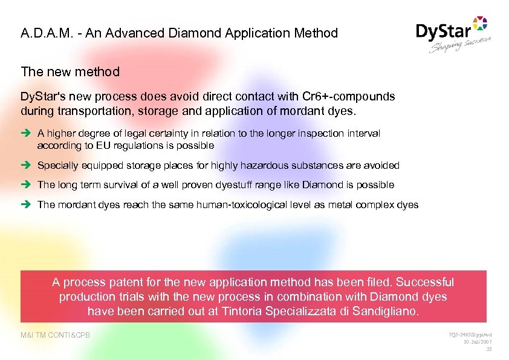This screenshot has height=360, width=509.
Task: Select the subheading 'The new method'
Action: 70,72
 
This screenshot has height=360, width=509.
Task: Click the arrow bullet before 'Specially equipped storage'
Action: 27,165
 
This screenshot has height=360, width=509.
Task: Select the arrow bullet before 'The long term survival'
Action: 27,185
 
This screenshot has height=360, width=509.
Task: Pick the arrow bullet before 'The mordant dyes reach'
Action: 27,205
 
